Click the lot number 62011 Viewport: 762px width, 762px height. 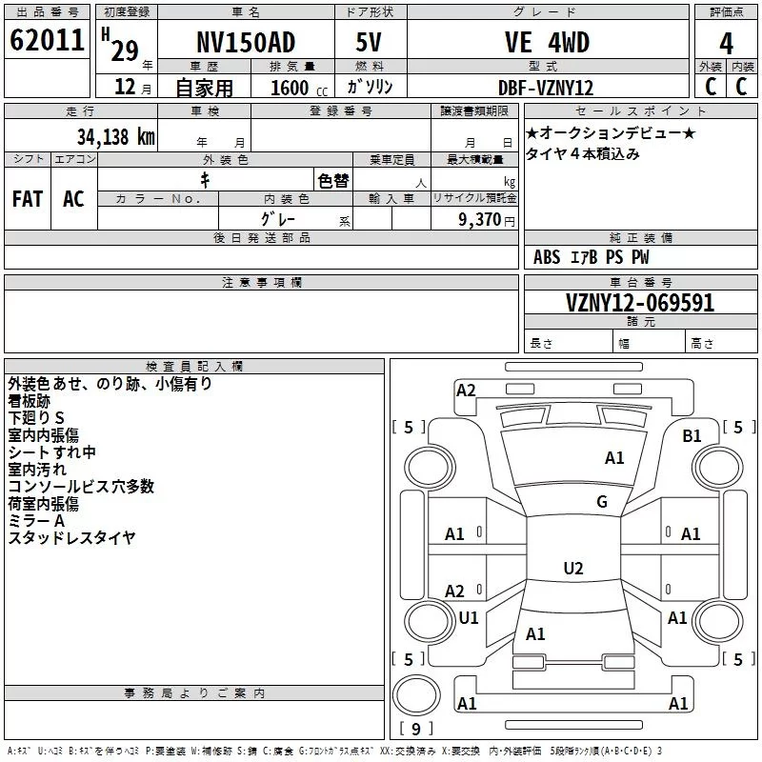[47, 40]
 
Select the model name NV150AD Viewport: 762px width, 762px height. [246, 42]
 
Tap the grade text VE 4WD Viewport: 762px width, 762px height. [547, 42]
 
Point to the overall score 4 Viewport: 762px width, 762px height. [726, 44]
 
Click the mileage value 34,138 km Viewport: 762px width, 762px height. [116, 137]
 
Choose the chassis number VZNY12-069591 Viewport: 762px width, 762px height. [640, 303]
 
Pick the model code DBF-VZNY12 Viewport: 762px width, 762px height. [546, 88]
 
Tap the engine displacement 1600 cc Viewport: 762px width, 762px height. [299, 88]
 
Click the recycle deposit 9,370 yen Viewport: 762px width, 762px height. [487, 220]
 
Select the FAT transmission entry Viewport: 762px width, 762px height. [28, 199]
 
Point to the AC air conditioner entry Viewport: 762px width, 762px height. [73, 199]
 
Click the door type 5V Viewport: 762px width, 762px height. [369, 42]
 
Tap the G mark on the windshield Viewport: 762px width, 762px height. [602, 502]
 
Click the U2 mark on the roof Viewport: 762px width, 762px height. [573, 568]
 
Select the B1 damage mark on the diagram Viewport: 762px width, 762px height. [692, 436]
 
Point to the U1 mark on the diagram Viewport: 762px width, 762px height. [469, 617]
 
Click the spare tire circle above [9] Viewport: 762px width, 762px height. [416, 695]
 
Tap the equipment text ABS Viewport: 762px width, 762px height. [547, 257]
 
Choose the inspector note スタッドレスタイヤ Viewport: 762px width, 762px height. [72, 538]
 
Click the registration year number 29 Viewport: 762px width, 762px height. [125, 51]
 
